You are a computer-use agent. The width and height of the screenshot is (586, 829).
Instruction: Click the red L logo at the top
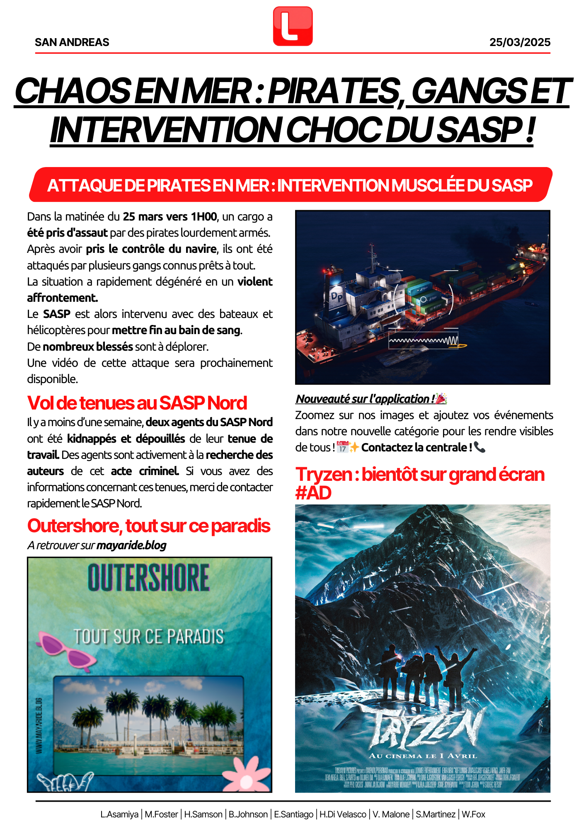293,26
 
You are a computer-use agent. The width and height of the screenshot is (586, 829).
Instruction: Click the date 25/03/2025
520,42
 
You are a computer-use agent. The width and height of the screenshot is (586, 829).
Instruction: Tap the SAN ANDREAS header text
72,42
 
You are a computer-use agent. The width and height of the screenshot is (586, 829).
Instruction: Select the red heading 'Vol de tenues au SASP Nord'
137,403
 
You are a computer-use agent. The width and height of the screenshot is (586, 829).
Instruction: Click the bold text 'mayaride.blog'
131,545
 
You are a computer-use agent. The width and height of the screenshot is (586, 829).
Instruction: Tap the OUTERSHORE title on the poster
148,578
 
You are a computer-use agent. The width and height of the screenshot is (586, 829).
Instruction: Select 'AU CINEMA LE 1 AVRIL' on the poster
423,756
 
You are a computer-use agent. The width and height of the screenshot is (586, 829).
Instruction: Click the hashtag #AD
313,493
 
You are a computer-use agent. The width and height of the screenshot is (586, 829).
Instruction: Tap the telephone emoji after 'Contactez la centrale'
479,447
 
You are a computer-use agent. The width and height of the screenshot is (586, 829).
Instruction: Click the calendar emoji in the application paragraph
342,447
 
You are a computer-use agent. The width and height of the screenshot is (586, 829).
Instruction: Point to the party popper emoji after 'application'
441,399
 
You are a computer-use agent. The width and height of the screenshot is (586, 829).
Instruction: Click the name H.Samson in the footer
203,814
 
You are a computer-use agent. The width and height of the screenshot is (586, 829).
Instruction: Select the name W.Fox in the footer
473,814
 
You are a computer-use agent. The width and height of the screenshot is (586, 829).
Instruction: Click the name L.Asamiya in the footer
119,814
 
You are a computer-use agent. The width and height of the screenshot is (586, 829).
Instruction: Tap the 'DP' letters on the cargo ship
337,296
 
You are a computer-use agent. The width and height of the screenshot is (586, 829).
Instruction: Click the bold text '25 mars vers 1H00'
170,217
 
